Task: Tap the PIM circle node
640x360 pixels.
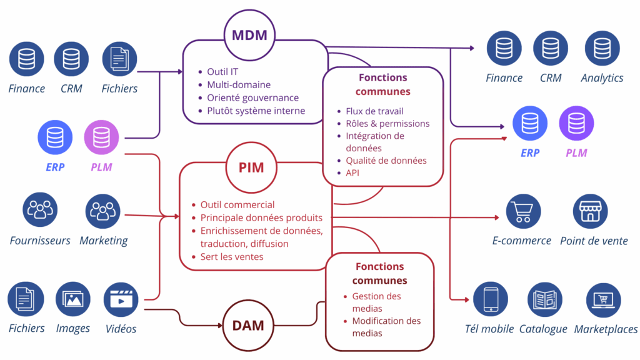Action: [251, 167]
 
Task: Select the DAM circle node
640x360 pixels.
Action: [249, 325]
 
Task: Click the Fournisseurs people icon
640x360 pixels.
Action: [41, 210]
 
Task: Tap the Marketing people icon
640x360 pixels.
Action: [102, 210]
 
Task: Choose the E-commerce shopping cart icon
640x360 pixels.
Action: [522, 211]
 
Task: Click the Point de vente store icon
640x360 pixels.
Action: [590, 211]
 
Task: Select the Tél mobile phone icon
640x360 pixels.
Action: [491, 300]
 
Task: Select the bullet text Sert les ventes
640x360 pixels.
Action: [232, 256]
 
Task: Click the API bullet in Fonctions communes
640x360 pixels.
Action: [353, 172]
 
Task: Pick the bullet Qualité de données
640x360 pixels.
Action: [386, 161]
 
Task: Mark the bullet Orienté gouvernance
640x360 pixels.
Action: [252, 97]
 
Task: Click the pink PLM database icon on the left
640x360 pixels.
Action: [102, 137]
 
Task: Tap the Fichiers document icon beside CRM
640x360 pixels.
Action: [119, 59]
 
